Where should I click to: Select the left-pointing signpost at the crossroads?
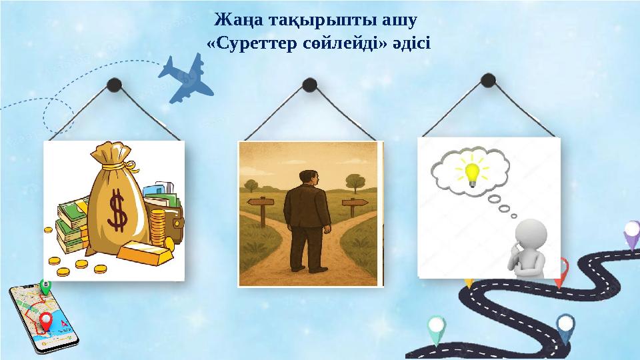tap(261, 201)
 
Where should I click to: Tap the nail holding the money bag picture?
tap(114, 84)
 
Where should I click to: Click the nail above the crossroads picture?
tap(309, 84)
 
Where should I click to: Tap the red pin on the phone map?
tap(46, 322)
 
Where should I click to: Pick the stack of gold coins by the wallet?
tap(157, 226)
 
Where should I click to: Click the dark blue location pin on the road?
tap(565, 327)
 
